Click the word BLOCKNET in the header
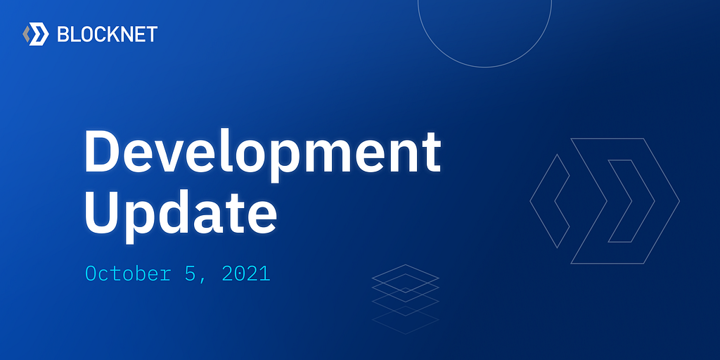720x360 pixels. pyautogui.click(x=108, y=34)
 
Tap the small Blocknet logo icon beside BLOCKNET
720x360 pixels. pyautogui.click(x=36, y=34)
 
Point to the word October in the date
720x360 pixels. pyautogui.click(x=128, y=274)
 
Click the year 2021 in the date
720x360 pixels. pyautogui.click(x=245, y=274)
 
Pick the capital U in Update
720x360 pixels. pyautogui.click(x=103, y=209)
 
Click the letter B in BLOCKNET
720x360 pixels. pyautogui.click(x=63, y=34)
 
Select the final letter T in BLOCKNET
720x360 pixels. pyautogui.click(x=151, y=34)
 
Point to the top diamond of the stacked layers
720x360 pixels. pyautogui.click(x=406, y=278)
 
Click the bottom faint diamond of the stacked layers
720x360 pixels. pyautogui.click(x=406, y=320)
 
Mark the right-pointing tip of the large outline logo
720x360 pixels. pyautogui.click(x=679, y=200)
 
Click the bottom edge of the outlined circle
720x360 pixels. pyautogui.click(x=484, y=67)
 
